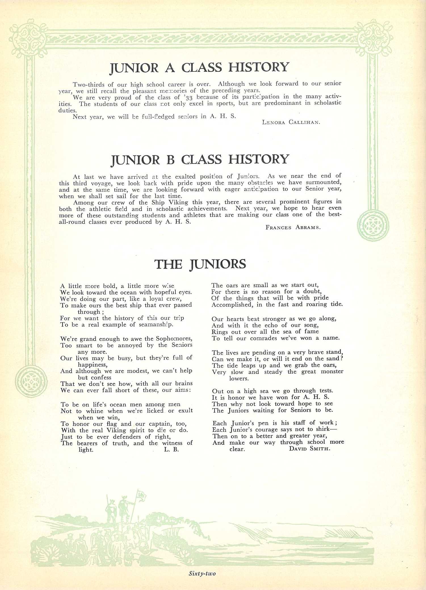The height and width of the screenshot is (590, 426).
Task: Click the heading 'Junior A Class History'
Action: pyautogui.click(x=199, y=68)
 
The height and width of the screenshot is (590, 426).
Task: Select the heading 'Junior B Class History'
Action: pyautogui.click(x=200, y=160)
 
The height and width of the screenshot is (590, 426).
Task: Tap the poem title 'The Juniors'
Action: pyautogui.click(x=200, y=264)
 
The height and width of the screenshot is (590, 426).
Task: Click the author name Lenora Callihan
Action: pyautogui.click(x=291, y=122)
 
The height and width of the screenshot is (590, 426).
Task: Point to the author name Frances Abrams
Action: pyautogui.click(x=293, y=227)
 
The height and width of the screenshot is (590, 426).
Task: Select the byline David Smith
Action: pyautogui.click(x=309, y=449)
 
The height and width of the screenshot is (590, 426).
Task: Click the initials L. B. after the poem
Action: pyautogui.click(x=171, y=449)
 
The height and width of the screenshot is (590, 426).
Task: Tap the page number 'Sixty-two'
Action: pyautogui.click(x=202, y=574)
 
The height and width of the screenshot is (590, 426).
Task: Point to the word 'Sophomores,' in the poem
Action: pyautogui.click(x=174, y=339)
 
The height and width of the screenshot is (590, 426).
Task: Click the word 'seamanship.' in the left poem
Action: pyautogui.click(x=156, y=325)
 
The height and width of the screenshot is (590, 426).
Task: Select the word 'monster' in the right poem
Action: pyautogui.click(x=332, y=371)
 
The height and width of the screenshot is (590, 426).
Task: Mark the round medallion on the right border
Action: pyautogui.click(x=373, y=226)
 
